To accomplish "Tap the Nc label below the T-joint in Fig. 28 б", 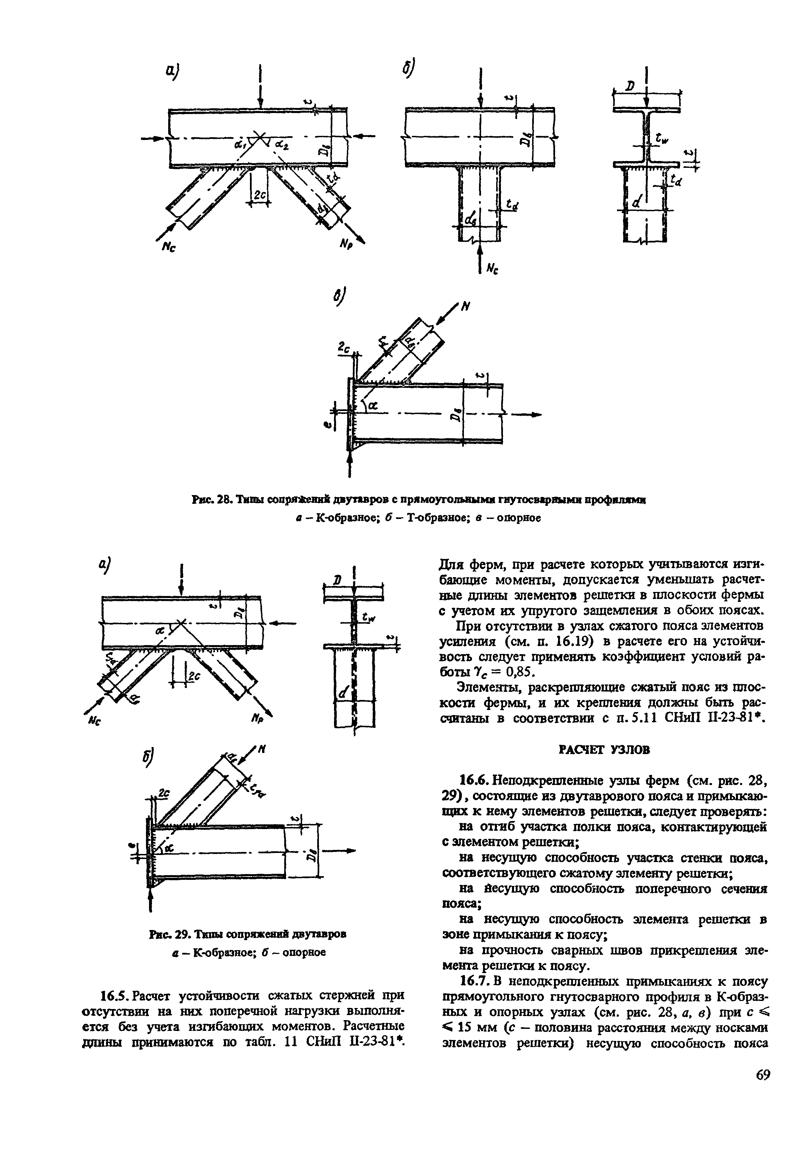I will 492,269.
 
